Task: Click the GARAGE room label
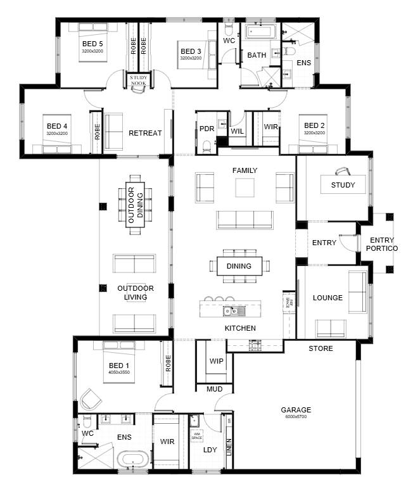pyautogui.click(x=296, y=410)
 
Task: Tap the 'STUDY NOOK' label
pyautogui.click(x=138, y=80)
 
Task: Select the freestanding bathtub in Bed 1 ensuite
pyautogui.click(x=133, y=459)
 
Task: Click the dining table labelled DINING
pyautogui.click(x=239, y=266)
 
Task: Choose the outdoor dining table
pyautogui.click(x=136, y=204)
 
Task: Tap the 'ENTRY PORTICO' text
pyautogui.click(x=381, y=244)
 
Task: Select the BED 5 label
pyautogui.click(x=92, y=44)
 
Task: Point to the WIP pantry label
pyautogui.click(x=215, y=361)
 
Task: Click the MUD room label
pyautogui.click(x=215, y=389)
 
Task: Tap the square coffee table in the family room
pyautogui.click(x=245, y=188)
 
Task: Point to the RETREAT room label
pyautogui.click(x=145, y=133)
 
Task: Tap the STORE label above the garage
pyautogui.click(x=321, y=348)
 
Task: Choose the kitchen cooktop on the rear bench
pyautogui.click(x=255, y=345)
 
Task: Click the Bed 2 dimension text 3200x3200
pyautogui.click(x=314, y=133)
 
